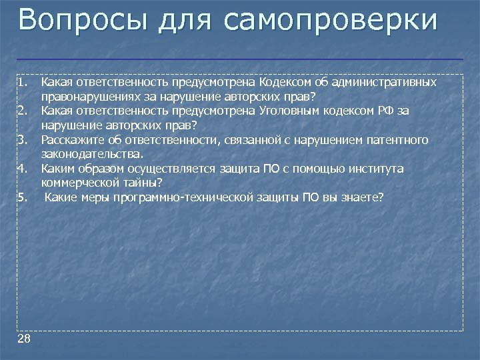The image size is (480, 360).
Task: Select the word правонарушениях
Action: point(85,96)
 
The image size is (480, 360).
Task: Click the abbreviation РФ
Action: point(386,111)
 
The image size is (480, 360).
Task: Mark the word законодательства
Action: point(91,153)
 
